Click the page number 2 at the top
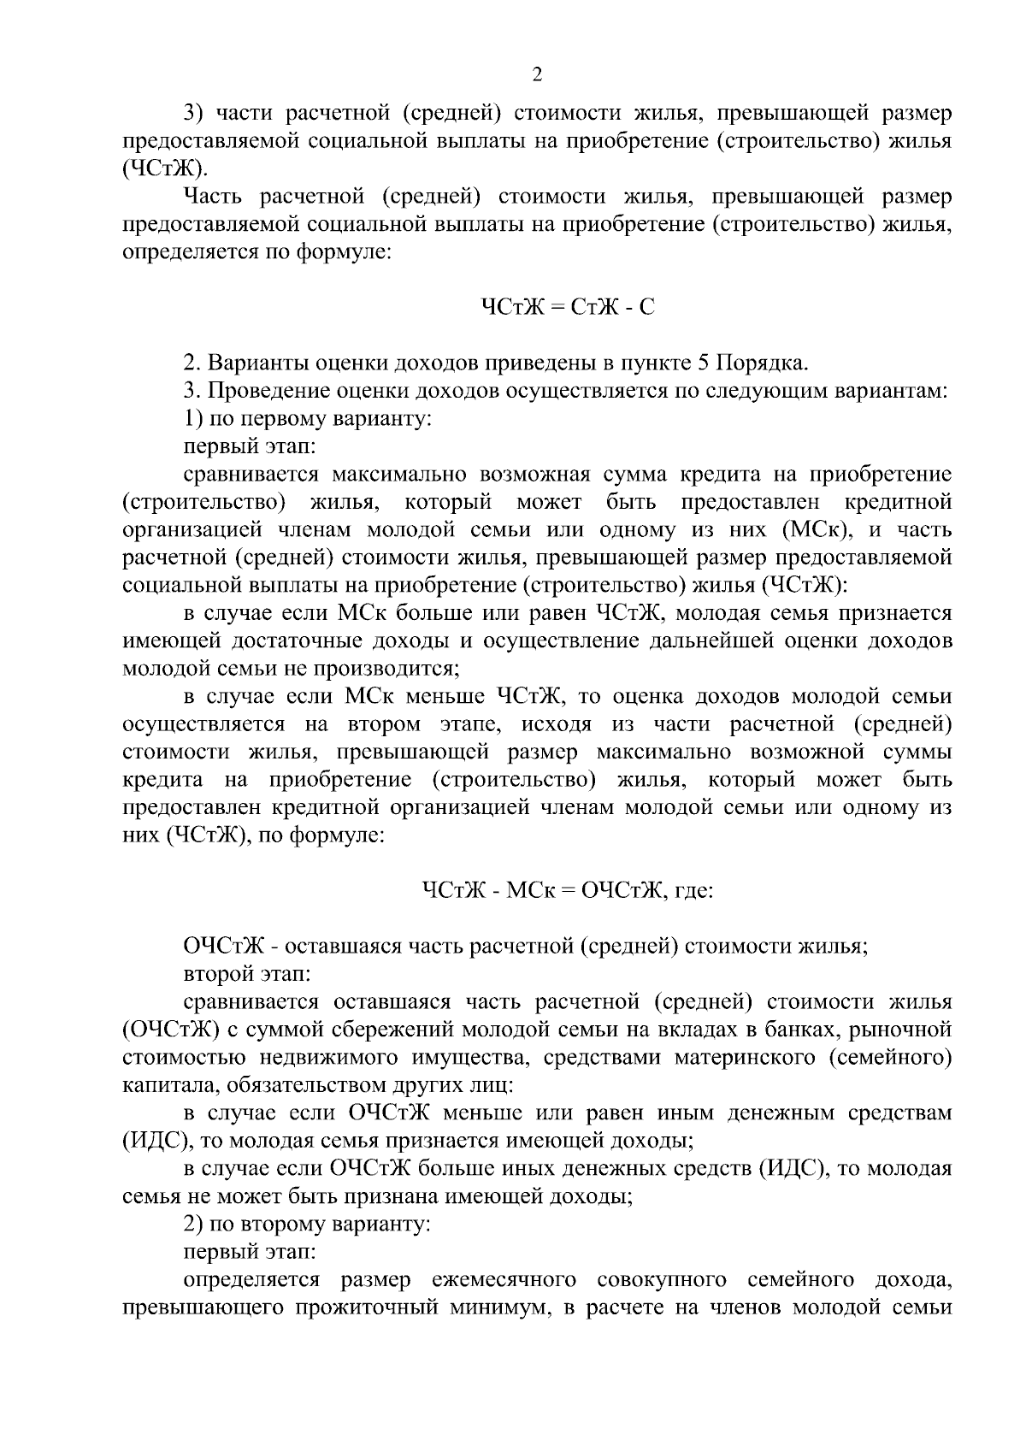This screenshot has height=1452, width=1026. pyautogui.click(x=537, y=75)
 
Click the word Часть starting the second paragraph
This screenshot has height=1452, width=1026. pyautogui.click(x=214, y=197)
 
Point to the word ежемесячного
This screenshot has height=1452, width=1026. pyautogui.click(x=502, y=1280)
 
